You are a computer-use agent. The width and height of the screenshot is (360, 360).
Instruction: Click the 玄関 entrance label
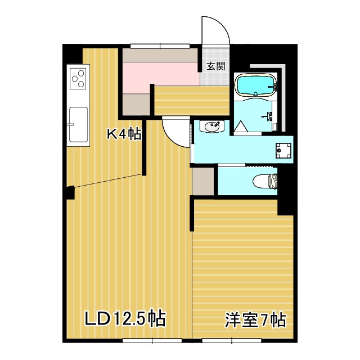tap(215, 66)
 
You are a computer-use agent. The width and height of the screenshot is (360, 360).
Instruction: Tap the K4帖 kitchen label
tap(124, 134)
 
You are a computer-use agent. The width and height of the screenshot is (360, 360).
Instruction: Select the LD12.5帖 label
tap(124, 319)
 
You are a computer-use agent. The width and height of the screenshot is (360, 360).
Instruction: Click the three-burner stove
tap(78, 78)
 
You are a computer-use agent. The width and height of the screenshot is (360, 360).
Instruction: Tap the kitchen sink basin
tap(78, 124)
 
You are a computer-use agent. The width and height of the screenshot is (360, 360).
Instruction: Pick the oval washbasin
tap(212, 128)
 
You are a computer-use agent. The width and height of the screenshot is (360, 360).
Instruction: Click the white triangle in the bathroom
tap(242, 127)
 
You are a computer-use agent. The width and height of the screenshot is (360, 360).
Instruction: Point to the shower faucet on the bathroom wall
tap(269, 116)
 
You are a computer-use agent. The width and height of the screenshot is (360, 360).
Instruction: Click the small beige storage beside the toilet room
tap(203, 181)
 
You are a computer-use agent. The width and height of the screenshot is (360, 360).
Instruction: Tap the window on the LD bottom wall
tap(152, 340)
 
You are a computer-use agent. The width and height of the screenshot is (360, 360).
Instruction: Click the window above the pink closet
tap(160, 46)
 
